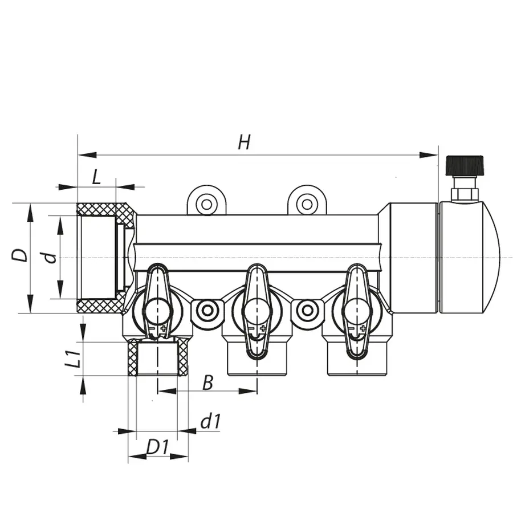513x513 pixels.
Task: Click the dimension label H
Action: click(x=244, y=142)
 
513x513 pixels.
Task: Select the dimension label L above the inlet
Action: click(x=96, y=177)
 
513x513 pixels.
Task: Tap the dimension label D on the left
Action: click(x=21, y=255)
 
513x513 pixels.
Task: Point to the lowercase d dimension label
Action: click(x=51, y=257)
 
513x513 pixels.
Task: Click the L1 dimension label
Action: click(x=72, y=360)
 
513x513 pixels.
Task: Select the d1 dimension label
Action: click(x=210, y=422)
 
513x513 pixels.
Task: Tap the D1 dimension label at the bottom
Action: click(x=157, y=447)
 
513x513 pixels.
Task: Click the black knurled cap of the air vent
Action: click(x=465, y=165)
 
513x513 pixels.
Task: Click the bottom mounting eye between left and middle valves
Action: click(x=206, y=311)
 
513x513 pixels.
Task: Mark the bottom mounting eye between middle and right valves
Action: click(x=307, y=311)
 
